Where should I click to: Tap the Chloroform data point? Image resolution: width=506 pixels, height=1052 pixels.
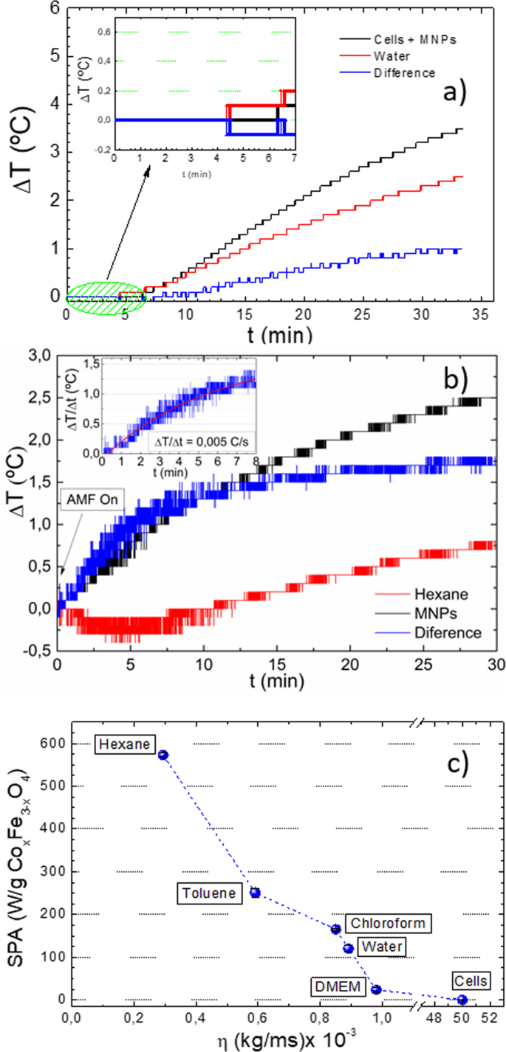(x=335, y=930)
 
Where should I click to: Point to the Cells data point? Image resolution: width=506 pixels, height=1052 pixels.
(x=462, y=1000)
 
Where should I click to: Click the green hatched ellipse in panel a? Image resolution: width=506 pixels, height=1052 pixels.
(x=105, y=297)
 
